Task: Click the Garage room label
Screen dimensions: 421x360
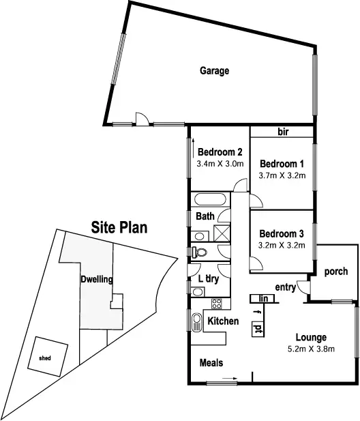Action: (214, 71)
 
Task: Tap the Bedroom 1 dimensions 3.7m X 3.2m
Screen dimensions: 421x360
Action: (282, 175)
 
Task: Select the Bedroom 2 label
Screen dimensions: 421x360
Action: (220, 153)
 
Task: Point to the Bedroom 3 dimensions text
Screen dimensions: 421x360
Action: (282, 242)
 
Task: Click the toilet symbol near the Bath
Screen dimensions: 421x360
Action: (198, 252)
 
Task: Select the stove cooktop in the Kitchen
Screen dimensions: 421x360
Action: (217, 304)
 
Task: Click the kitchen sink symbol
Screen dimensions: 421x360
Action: (196, 321)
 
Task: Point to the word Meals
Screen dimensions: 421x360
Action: (211, 364)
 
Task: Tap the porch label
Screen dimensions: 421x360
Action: (335, 272)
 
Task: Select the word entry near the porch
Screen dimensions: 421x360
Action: (286, 287)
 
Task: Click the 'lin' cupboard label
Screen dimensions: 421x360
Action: (261, 298)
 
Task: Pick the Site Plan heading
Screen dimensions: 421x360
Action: (119, 228)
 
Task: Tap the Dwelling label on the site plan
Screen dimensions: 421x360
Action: (96, 279)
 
